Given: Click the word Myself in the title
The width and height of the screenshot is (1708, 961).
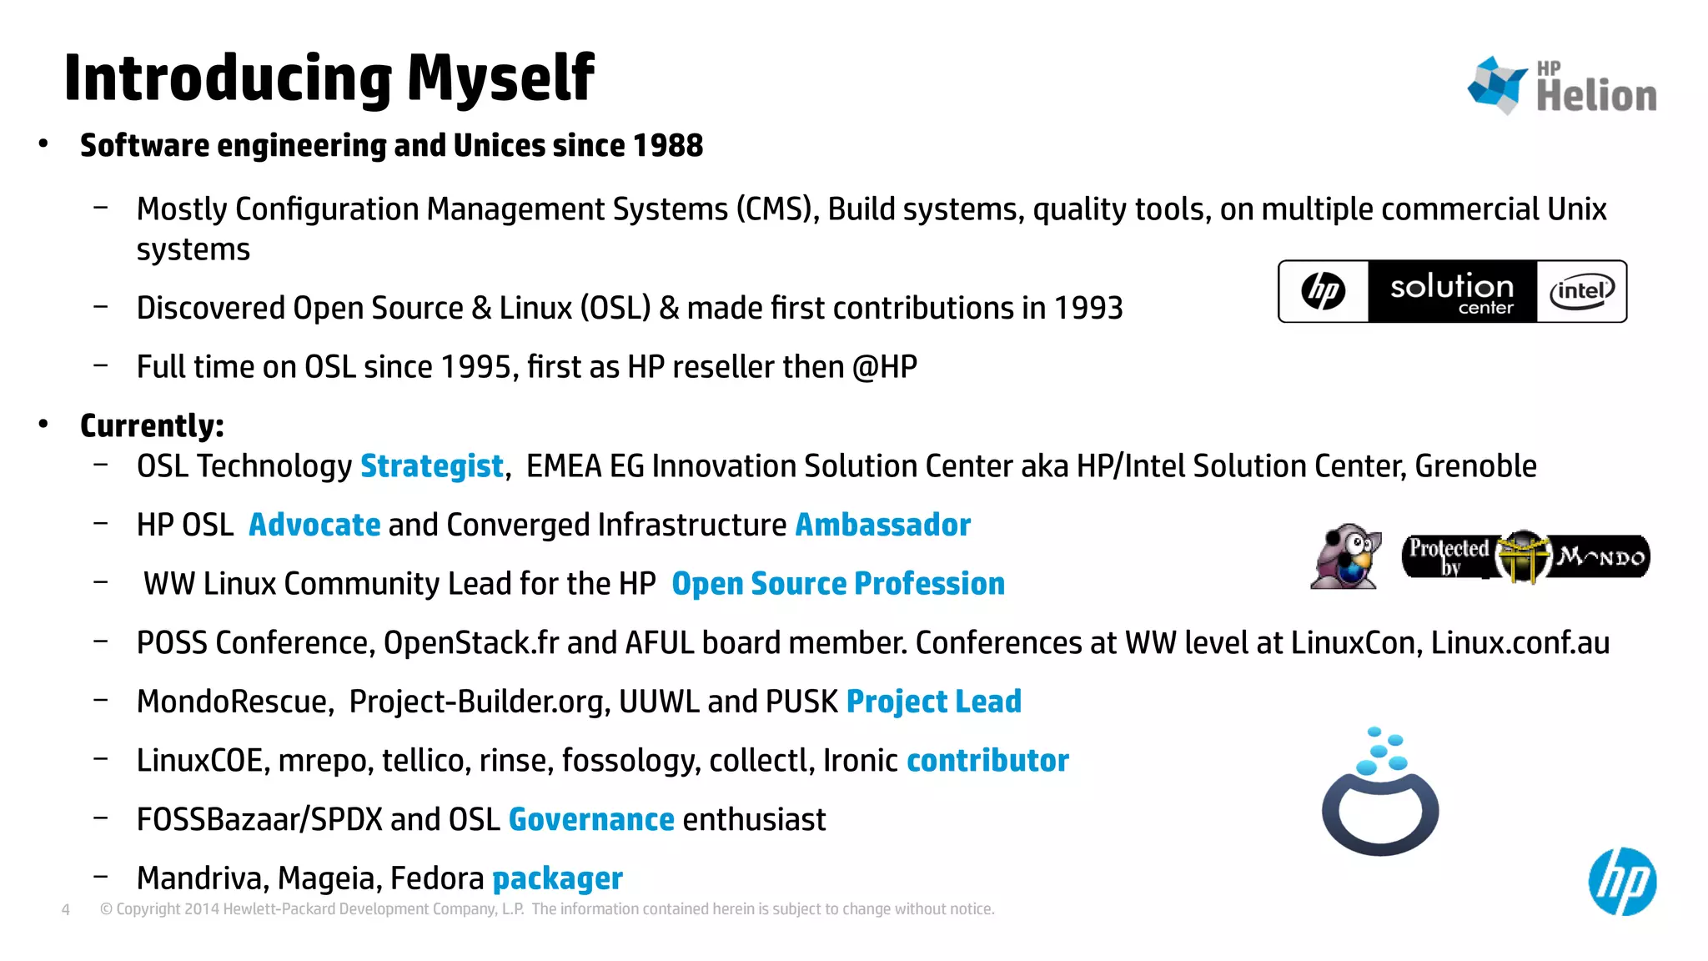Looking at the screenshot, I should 500,78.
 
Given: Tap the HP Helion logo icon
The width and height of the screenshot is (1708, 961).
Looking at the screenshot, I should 1498,84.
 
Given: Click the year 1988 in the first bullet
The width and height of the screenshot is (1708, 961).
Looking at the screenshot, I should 667,146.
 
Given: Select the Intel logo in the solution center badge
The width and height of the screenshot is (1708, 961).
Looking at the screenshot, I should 1581,292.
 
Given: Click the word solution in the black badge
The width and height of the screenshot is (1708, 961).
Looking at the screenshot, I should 1451,287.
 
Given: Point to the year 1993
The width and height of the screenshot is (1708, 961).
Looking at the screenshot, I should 1088,309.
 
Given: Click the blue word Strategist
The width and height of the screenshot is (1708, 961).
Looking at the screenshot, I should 431,466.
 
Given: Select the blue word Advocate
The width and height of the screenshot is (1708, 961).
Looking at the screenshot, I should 314,526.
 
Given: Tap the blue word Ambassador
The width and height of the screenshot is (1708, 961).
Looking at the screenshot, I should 882,526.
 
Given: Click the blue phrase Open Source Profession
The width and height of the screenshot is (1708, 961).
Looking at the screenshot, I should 837,584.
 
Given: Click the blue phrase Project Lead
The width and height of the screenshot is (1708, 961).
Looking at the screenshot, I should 933,702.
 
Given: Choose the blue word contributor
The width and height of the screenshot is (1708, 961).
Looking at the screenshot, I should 987,761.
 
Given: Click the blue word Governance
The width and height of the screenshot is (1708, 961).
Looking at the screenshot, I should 590,820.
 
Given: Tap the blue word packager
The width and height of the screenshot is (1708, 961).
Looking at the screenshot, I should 557,878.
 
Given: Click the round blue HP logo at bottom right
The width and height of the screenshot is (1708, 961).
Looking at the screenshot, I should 1621,882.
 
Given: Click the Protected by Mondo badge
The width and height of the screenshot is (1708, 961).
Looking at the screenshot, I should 1525,556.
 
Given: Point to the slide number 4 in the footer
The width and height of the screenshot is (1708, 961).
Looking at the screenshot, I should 66,910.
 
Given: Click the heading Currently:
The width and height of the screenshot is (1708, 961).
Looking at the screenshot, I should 152,426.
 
